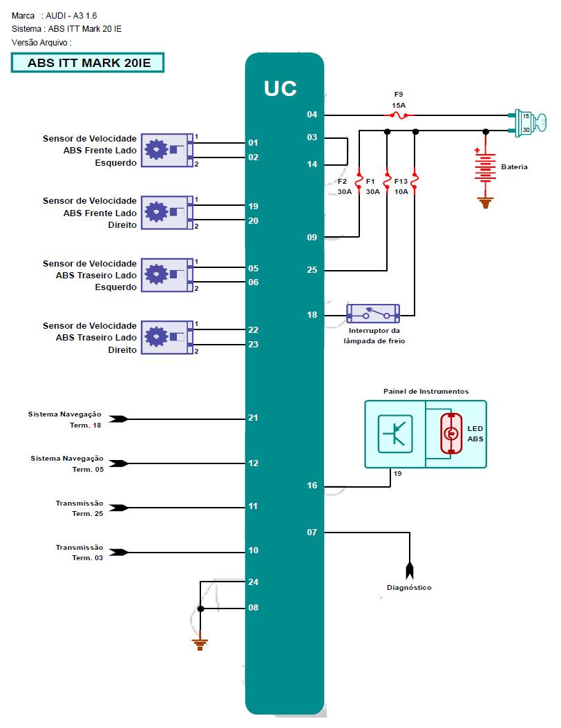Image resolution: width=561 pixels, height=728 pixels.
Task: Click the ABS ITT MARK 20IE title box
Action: tap(88, 63)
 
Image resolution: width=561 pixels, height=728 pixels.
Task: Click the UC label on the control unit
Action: tap(280, 88)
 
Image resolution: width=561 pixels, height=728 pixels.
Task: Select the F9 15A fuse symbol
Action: tap(399, 115)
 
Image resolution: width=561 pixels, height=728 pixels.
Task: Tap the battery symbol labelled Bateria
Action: tap(486, 166)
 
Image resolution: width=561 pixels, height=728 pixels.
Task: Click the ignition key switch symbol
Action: tap(529, 122)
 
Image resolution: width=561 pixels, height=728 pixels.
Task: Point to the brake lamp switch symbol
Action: tap(373, 315)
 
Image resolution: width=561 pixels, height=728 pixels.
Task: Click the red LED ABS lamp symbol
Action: tap(451, 433)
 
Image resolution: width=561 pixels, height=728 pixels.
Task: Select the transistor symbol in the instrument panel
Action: tap(395, 434)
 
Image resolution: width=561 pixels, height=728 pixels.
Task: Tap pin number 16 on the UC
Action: tap(312, 486)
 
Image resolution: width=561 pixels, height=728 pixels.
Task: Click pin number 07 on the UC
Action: tap(312, 533)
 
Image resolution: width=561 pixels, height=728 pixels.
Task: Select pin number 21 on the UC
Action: tap(254, 418)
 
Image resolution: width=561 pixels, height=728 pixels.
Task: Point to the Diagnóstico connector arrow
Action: tap(409, 570)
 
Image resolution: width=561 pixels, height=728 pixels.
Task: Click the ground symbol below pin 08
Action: tap(201, 644)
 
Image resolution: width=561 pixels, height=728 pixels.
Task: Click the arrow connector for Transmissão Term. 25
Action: tap(119, 508)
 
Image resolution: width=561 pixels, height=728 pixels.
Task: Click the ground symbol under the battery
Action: tap(486, 202)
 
